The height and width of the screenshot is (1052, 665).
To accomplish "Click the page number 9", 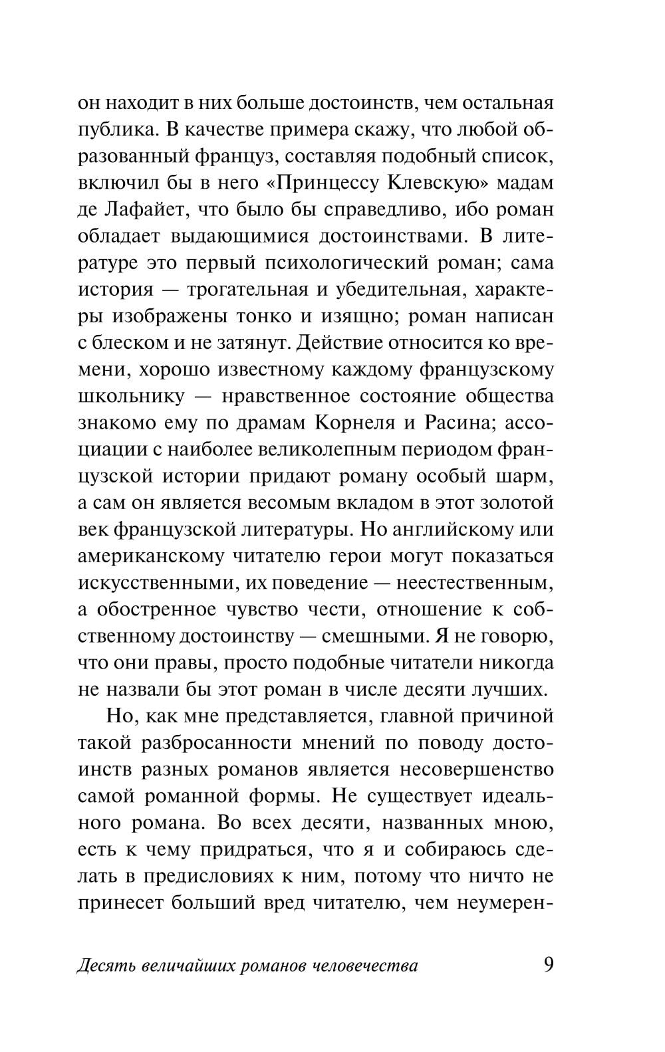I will pyautogui.click(x=548, y=964).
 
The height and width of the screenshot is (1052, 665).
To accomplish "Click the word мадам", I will pyautogui.click(x=528, y=183).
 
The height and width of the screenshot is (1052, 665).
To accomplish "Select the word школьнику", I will pyautogui.click(x=131, y=397).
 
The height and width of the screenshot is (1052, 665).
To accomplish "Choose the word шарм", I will pyautogui.click(x=525, y=476).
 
